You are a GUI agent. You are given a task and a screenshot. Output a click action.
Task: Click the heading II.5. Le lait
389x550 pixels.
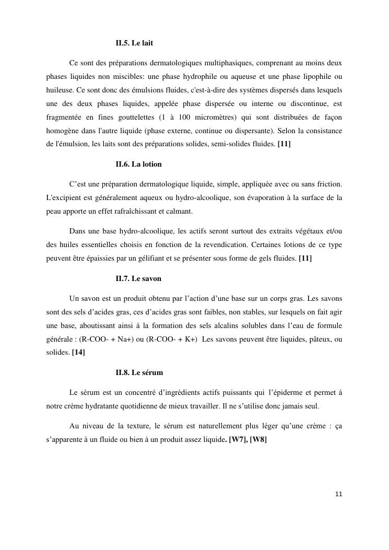(134, 42)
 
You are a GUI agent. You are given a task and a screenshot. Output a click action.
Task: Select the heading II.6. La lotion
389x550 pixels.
(138, 164)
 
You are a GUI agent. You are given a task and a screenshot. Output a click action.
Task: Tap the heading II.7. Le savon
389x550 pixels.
(138, 278)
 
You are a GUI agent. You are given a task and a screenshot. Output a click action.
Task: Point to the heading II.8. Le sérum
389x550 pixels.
(139, 372)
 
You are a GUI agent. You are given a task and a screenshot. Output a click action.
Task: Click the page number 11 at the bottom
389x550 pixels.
(338, 494)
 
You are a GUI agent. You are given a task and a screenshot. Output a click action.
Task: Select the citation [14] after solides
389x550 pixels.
(78, 352)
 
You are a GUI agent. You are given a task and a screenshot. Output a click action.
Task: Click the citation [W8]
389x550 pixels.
(258, 439)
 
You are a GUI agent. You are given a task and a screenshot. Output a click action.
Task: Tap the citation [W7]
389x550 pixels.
(238, 439)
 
